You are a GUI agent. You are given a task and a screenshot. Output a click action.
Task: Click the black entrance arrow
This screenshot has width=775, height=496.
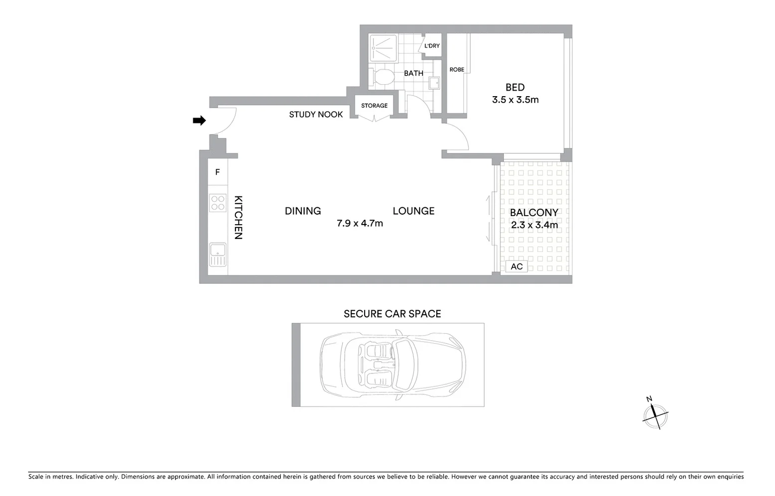199,121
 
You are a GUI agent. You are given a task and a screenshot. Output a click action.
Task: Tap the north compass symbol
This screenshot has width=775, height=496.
655,415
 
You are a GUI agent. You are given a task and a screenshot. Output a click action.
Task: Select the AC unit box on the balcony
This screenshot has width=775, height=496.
517,266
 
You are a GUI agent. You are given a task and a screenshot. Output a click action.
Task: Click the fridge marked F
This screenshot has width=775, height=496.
217,172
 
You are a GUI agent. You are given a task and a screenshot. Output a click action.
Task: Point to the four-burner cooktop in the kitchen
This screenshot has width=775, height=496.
218,203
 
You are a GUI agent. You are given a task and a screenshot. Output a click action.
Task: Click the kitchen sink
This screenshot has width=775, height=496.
218,254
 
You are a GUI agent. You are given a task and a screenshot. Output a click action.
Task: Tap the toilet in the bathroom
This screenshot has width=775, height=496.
382,77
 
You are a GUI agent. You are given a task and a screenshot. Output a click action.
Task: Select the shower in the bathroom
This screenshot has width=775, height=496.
383,48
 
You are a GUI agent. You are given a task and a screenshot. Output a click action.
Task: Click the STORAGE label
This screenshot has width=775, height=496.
374,106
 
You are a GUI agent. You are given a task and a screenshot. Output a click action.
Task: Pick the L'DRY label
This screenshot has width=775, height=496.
432,46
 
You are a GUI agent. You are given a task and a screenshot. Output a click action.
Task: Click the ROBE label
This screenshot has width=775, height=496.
457,70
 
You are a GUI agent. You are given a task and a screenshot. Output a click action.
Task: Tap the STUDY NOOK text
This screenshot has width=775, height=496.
316,115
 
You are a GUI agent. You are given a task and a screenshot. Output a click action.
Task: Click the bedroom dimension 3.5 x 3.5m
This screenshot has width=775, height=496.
515,100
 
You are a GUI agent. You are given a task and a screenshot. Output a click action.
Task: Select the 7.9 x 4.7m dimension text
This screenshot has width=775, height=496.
360,224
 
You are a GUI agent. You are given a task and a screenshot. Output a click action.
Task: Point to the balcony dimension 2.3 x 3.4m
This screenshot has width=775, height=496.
534,225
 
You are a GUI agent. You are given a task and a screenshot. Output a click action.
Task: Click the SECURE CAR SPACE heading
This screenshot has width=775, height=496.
392,314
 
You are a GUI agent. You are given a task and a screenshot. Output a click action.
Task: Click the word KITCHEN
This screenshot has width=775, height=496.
238,217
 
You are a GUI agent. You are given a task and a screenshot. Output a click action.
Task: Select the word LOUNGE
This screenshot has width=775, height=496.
413,211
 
